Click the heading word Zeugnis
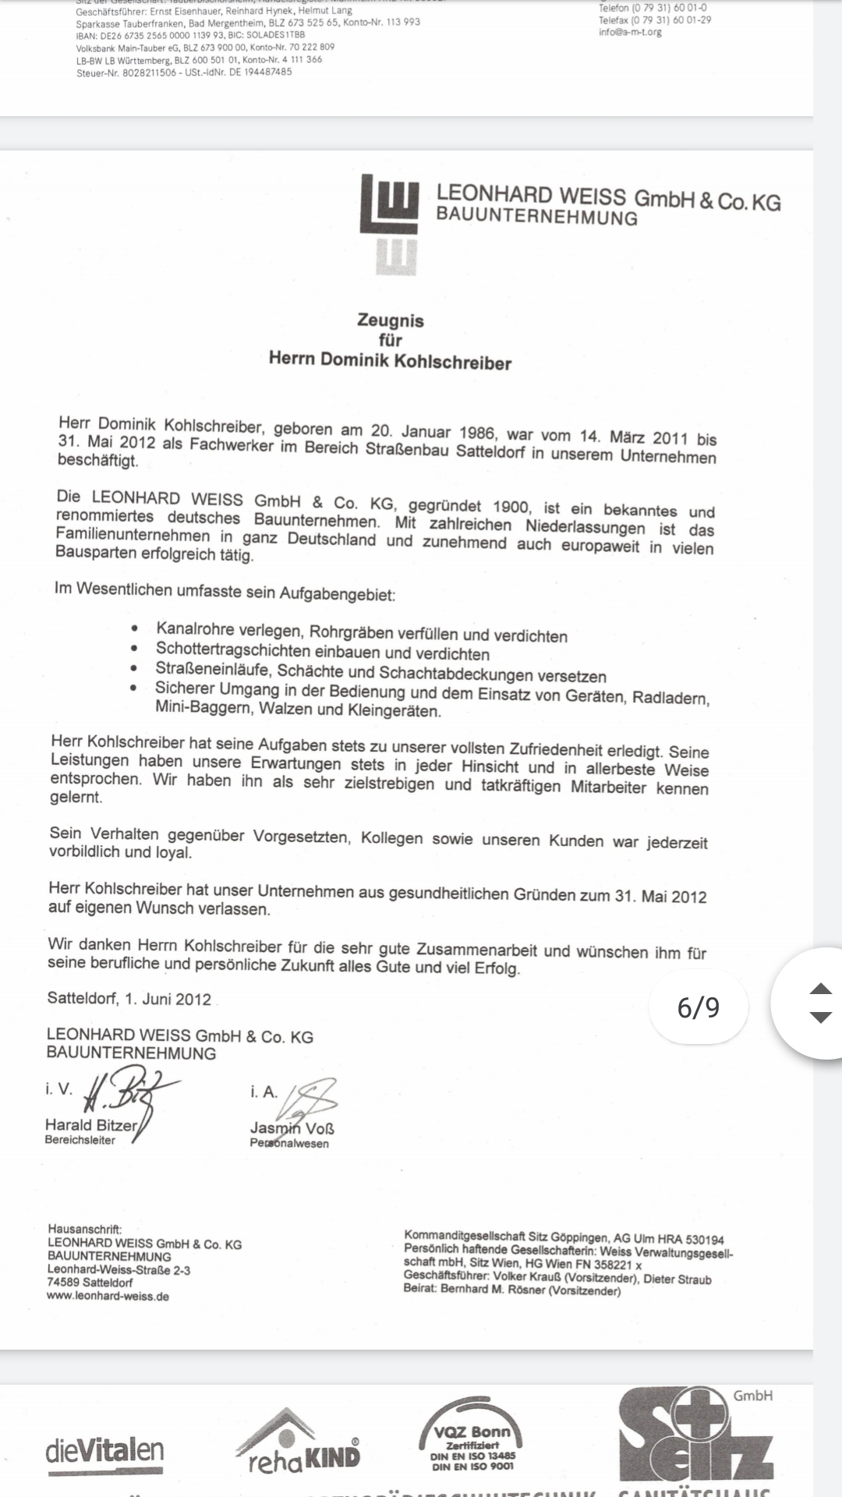tap(390, 320)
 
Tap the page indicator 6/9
tap(698, 1007)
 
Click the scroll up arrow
tap(820, 989)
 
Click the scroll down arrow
tap(820, 1017)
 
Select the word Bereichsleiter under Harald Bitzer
tap(80, 1140)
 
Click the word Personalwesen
tap(289, 1143)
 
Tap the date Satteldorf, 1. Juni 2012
tap(129, 999)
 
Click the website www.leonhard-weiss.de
tap(108, 1297)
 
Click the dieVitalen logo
tap(104, 1451)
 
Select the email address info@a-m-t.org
tap(630, 32)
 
